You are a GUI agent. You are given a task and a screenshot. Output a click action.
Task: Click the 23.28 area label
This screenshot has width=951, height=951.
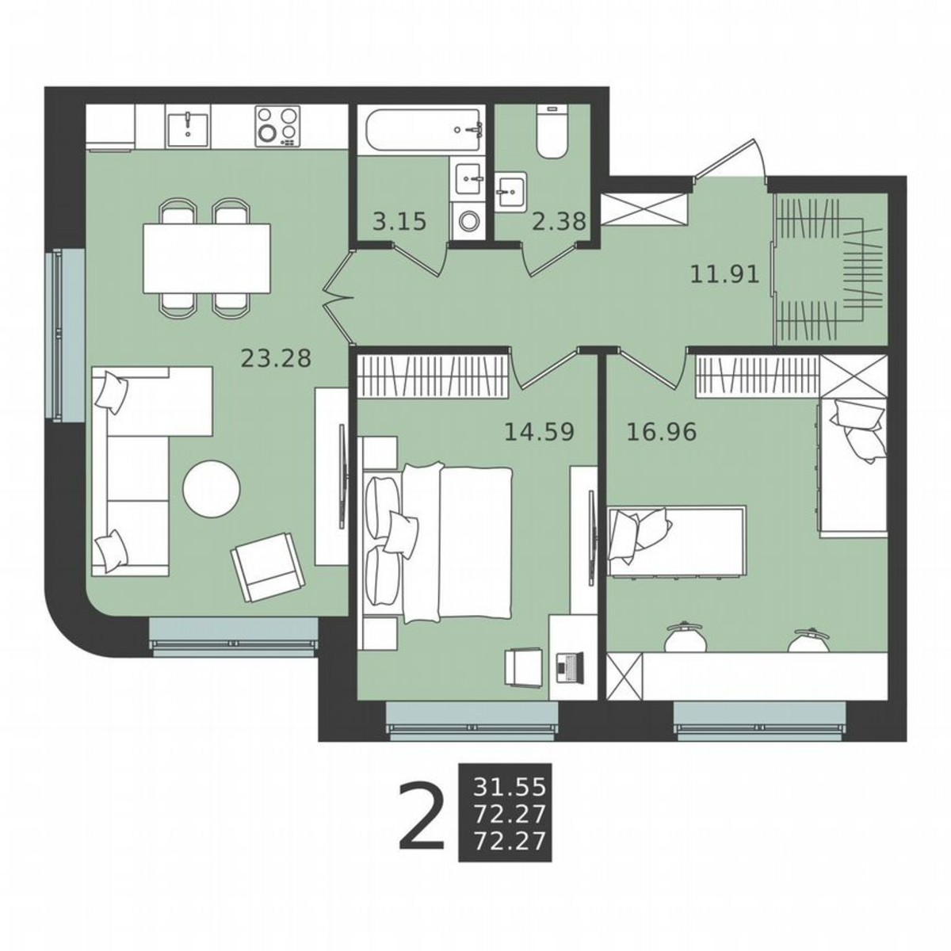click(x=275, y=358)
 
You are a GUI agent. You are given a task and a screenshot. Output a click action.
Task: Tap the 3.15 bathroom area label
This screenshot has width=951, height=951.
click(x=399, y=221)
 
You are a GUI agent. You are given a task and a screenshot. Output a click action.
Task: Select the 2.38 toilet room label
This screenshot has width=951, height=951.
click(x=559, y=221)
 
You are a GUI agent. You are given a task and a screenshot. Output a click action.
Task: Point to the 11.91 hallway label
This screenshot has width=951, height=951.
click(x=724, y=275)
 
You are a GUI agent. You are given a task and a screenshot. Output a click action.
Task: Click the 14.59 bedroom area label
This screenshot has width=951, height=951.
click(x=539, y=432)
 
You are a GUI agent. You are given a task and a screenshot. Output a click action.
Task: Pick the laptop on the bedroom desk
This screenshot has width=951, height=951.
click(x=568, y=666)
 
